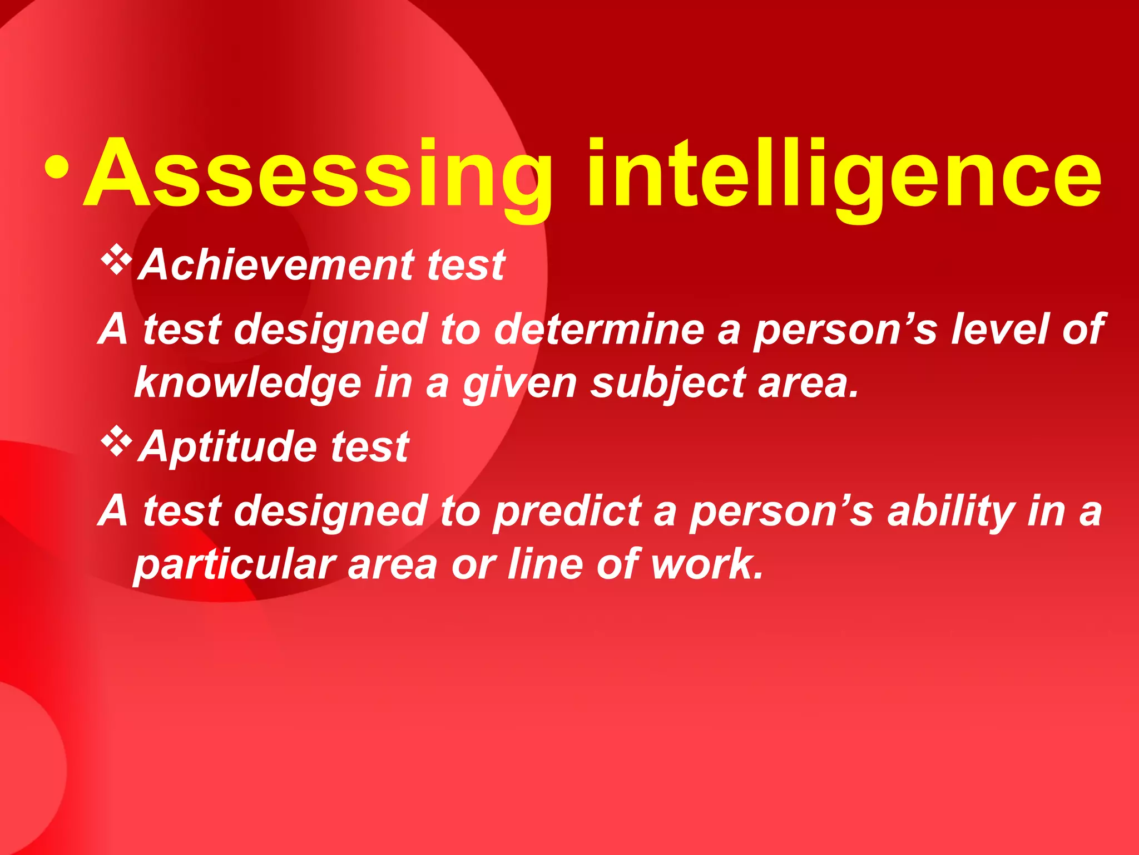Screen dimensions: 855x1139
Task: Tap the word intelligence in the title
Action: coord(844,174)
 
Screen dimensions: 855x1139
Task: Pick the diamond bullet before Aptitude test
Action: coord(117,443)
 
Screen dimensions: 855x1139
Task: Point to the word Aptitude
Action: coord(228,447)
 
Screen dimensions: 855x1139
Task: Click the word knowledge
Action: coord(248,383)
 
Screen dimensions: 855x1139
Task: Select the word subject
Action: coord(667,383)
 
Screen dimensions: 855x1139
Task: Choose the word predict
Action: coord(567,511)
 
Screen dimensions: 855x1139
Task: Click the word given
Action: coord(519,384)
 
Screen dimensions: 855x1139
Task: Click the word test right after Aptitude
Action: coord(370,447)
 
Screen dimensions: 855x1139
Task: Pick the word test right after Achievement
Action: coord(466,265)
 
